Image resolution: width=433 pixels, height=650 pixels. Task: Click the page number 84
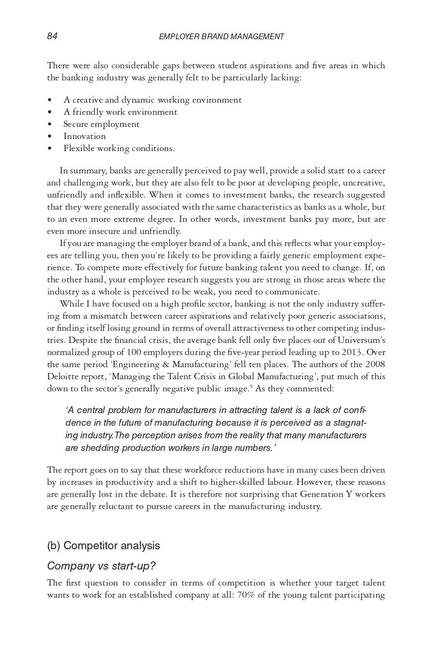(52, 36)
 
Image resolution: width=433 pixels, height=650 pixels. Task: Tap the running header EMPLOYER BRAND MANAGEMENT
(221, 37)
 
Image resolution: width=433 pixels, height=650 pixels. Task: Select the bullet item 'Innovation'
(84, 136)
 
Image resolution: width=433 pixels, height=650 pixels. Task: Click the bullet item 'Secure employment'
(101, 124)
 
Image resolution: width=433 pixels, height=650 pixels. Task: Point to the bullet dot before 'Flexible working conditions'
(50, 149)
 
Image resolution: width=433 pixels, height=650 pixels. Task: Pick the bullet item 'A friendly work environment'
(120, 112)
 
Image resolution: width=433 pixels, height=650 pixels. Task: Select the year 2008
(375, 364)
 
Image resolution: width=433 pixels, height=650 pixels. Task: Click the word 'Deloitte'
(63, 376)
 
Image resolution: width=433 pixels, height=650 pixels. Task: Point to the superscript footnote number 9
(251, 387)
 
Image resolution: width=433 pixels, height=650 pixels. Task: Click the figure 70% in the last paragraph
(246, 595)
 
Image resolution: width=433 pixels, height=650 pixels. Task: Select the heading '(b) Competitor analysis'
(103, 545)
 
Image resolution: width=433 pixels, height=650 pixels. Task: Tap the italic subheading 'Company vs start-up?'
(101, 566)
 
